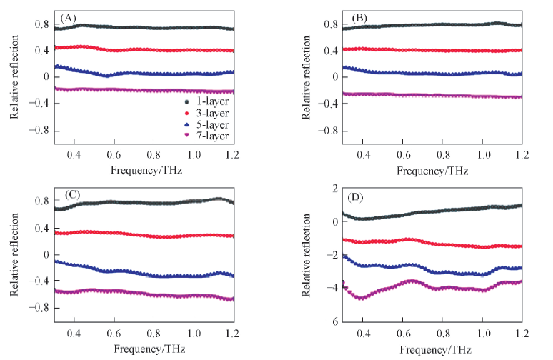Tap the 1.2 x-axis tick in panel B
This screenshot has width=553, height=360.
522,156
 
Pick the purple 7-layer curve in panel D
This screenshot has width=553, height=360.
429,284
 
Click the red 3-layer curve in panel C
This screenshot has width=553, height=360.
143,234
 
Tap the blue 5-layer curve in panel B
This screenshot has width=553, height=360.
429,74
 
